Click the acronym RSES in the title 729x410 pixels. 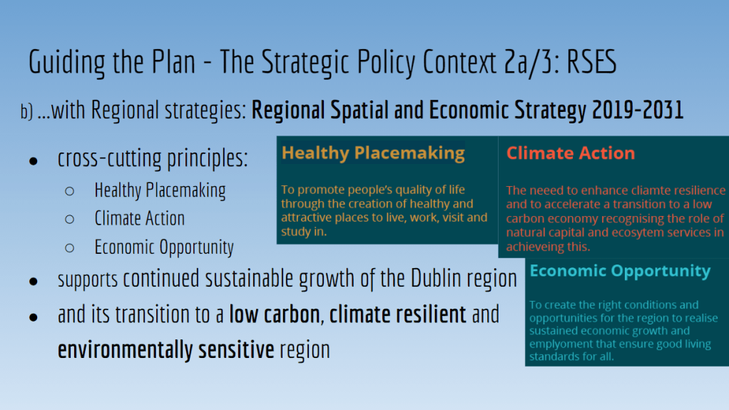tap(591, 62)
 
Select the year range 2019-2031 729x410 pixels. tap(638, 111)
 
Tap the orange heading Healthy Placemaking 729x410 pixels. tap(373, 153)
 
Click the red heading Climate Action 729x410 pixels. tap(571, 153)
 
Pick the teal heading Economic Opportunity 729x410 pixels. tap(620, 270)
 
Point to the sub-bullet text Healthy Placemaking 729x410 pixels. tap(160, 190)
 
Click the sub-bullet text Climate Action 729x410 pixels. tap(140, 218)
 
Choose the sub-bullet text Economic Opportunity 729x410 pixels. tap(164, 247)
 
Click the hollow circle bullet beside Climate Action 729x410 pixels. tap(70, 220)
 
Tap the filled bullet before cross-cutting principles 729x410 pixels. tap(34, 162)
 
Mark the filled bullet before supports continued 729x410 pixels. tap(34, 282)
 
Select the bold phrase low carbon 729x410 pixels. tap(275, 314)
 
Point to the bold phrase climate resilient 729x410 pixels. tap(397, 314)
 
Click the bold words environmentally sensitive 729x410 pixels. tap(166, 350)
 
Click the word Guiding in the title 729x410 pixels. tap(67, 63)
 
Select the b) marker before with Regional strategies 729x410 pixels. tap(26, 111)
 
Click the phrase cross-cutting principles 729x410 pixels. tap(153, 158)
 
